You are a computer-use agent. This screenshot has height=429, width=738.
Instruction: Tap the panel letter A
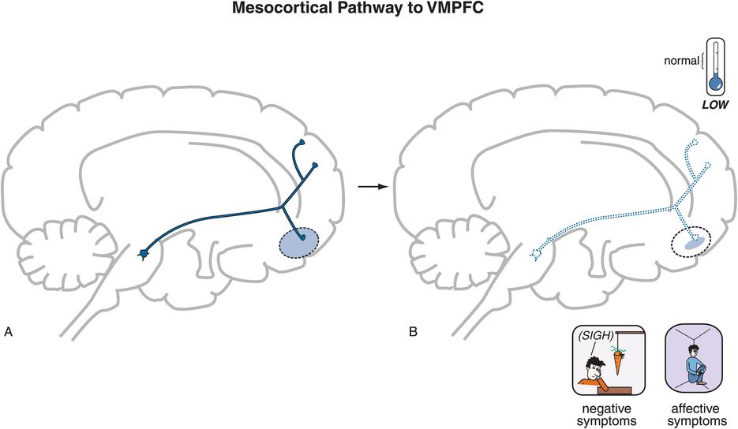tap(9, 331)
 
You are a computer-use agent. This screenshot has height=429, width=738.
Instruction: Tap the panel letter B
tap(414, 331)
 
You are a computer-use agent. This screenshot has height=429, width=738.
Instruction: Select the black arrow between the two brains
tap(365, 186)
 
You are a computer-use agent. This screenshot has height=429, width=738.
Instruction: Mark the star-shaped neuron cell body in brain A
tap(144, 253)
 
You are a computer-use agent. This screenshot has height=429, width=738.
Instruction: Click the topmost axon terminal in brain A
tap(302, 143)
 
